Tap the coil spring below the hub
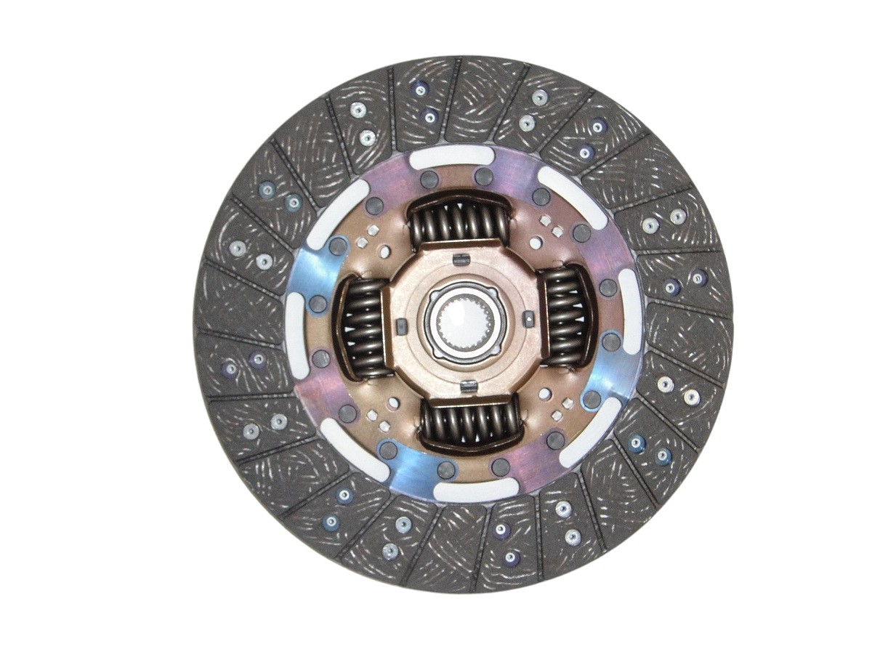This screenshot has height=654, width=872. (x=470, y=422)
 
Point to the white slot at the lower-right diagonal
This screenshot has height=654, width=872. (x=596, y=429)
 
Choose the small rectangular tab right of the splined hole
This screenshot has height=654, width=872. (x=528, y=318)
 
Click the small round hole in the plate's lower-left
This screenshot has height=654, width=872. (x=393, y=403)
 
